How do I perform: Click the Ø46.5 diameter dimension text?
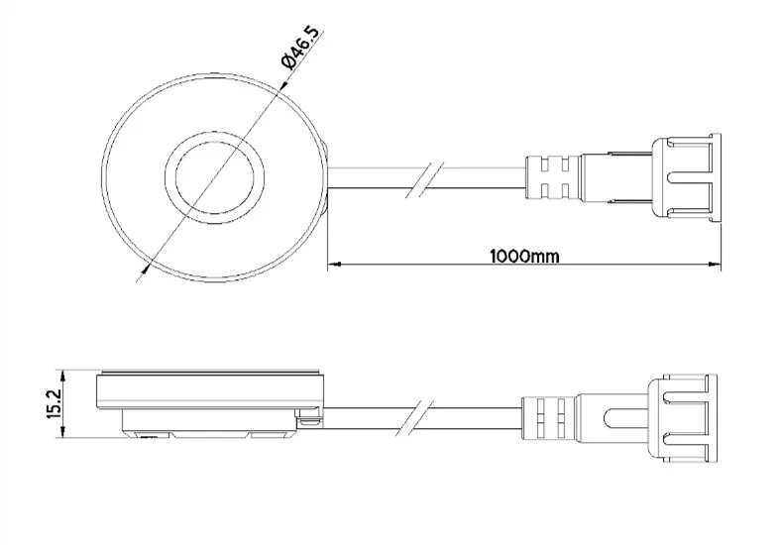[301, 49]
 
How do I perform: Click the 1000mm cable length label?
[524, 256]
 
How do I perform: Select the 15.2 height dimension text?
[55, 402]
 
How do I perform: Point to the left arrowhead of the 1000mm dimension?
[334, 265]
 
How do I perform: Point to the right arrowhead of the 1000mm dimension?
[716, 265]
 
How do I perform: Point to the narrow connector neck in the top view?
[614, 178]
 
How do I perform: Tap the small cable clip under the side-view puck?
[311, 420]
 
